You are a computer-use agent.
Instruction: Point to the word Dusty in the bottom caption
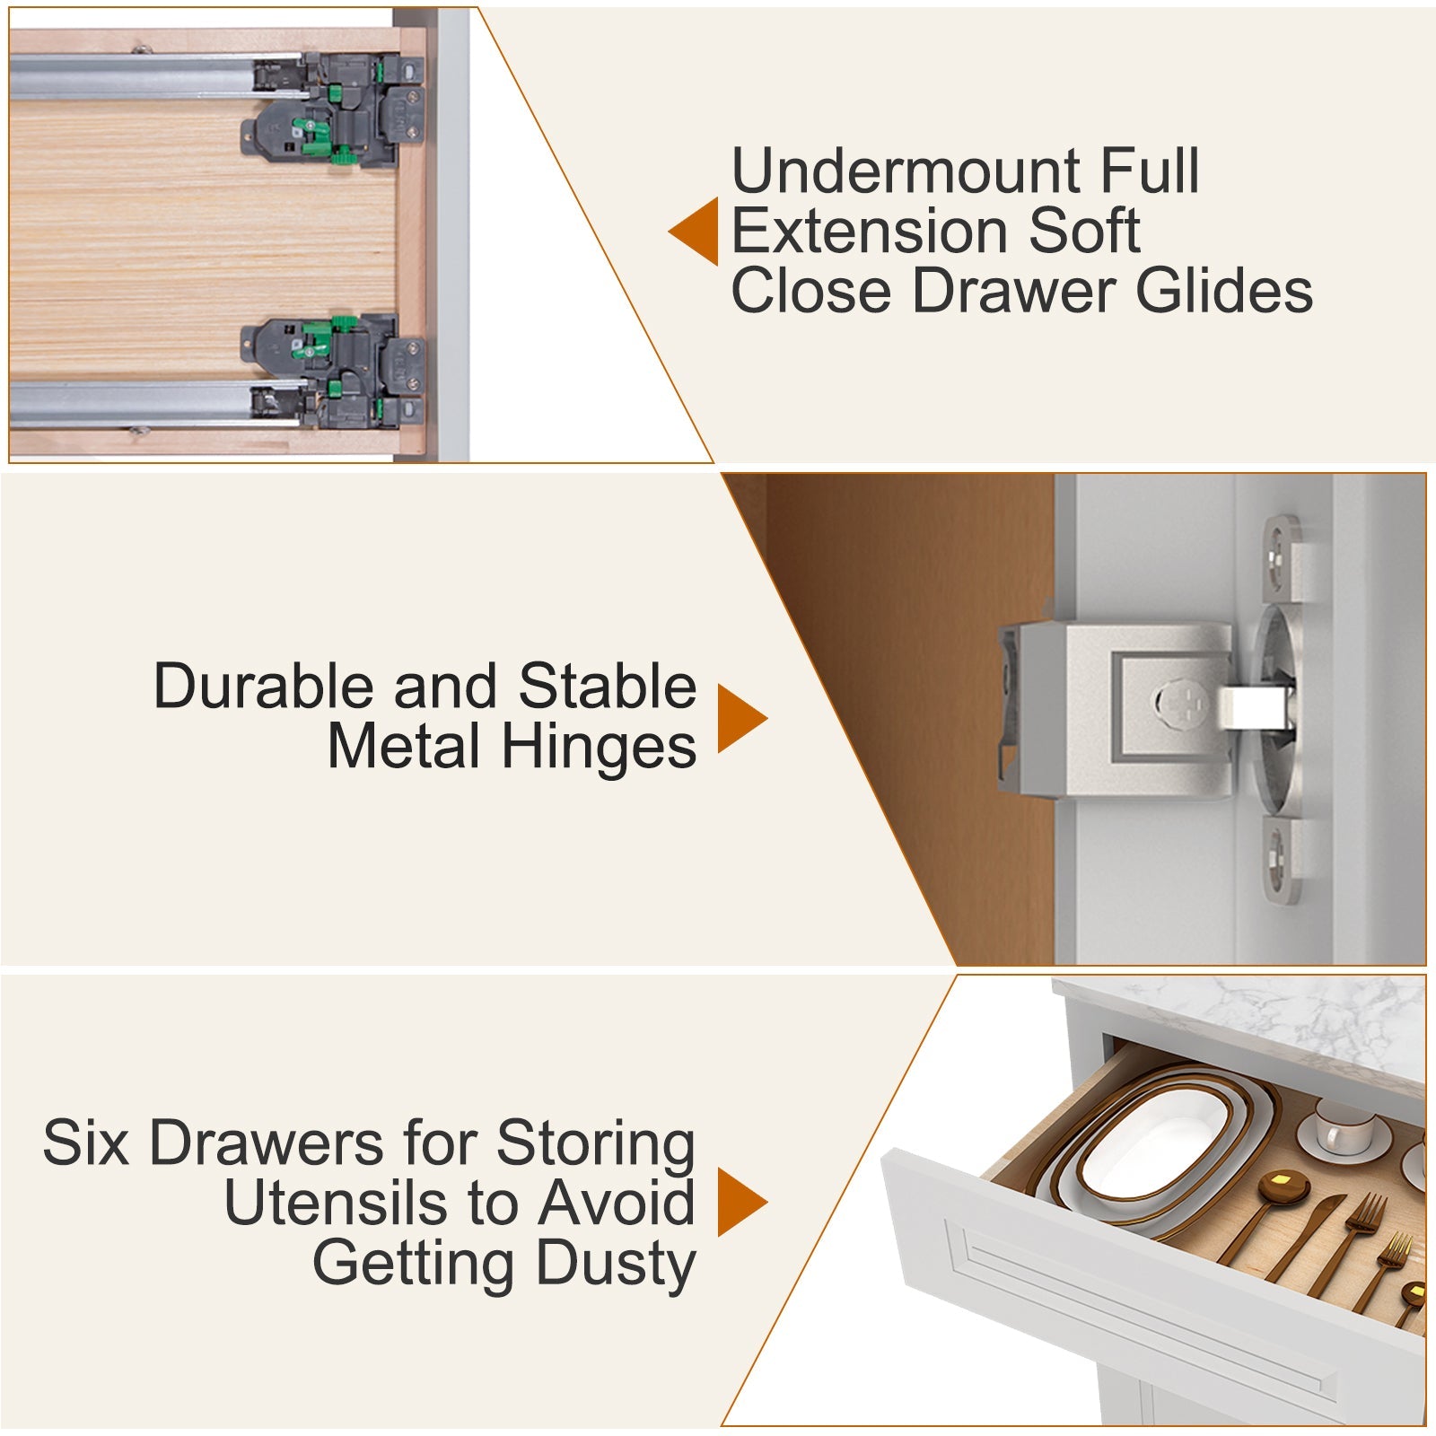click(616, 1264)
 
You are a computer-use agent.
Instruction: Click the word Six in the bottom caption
click(86, 1143)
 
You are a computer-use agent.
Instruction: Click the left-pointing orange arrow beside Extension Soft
click(696, 231)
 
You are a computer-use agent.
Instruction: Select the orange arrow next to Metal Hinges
click(741, 718)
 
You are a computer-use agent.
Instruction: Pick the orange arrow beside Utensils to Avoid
click(741, 1203)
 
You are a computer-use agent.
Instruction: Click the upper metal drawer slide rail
click(135, 75)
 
